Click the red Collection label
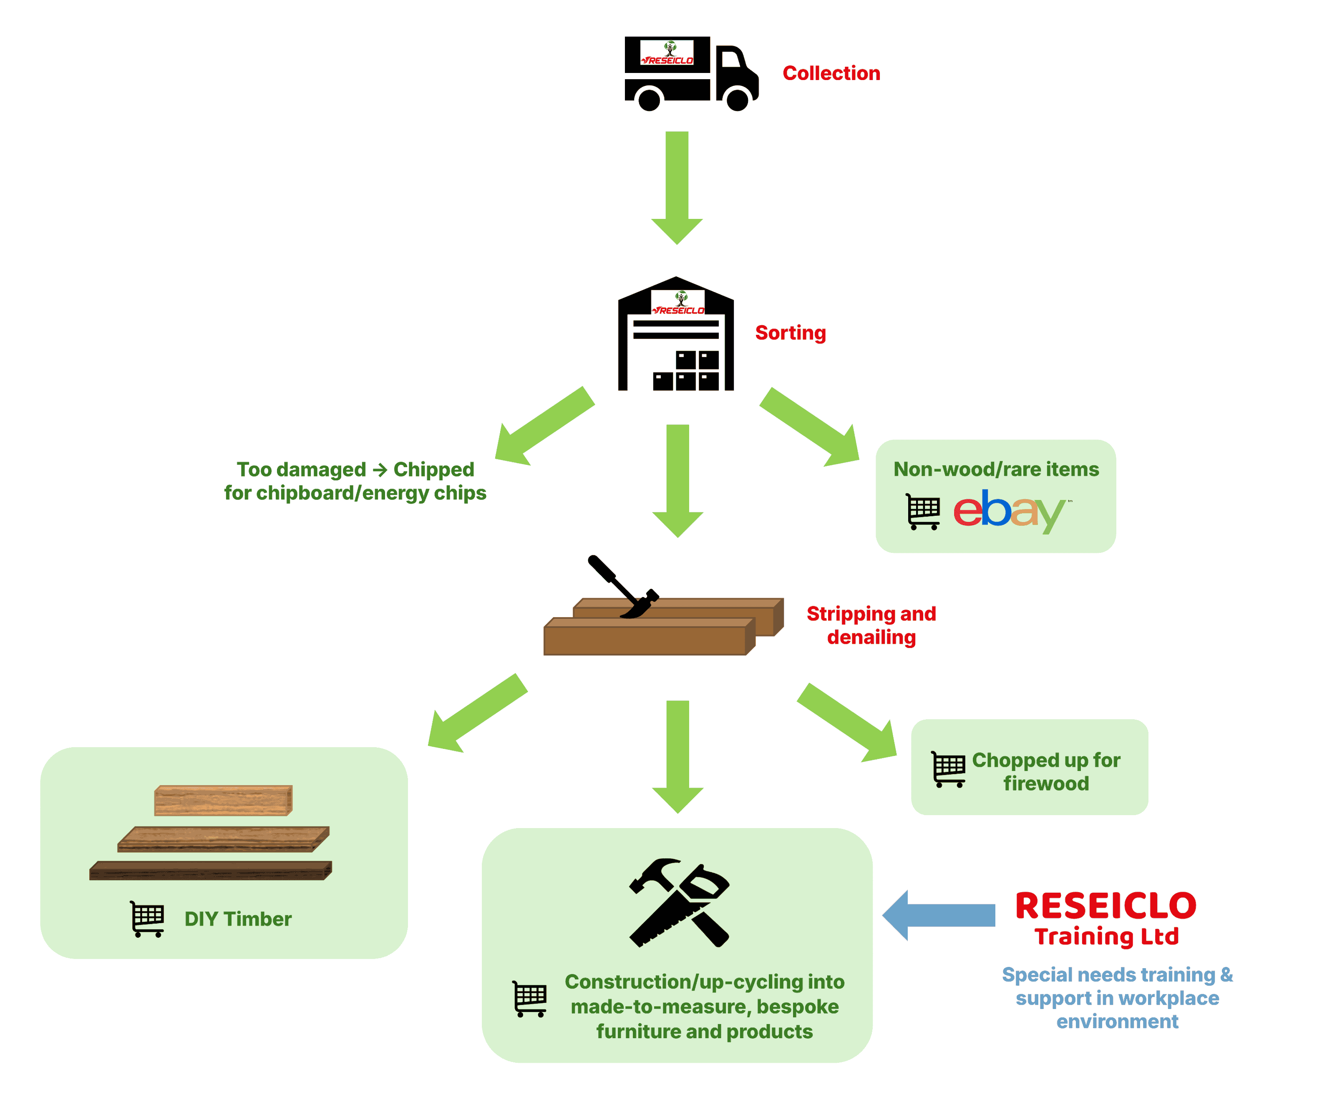tap(831, 73)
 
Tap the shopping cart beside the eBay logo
tap(923, 512)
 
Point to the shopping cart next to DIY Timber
tap(147, 919)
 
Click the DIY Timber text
tap(238, 919)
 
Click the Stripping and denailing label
tap(871, 625)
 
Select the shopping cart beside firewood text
tap(948, 769)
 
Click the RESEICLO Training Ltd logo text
tap(1106, 918)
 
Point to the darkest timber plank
tap(210, 871)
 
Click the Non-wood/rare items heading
tap(996, 469)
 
